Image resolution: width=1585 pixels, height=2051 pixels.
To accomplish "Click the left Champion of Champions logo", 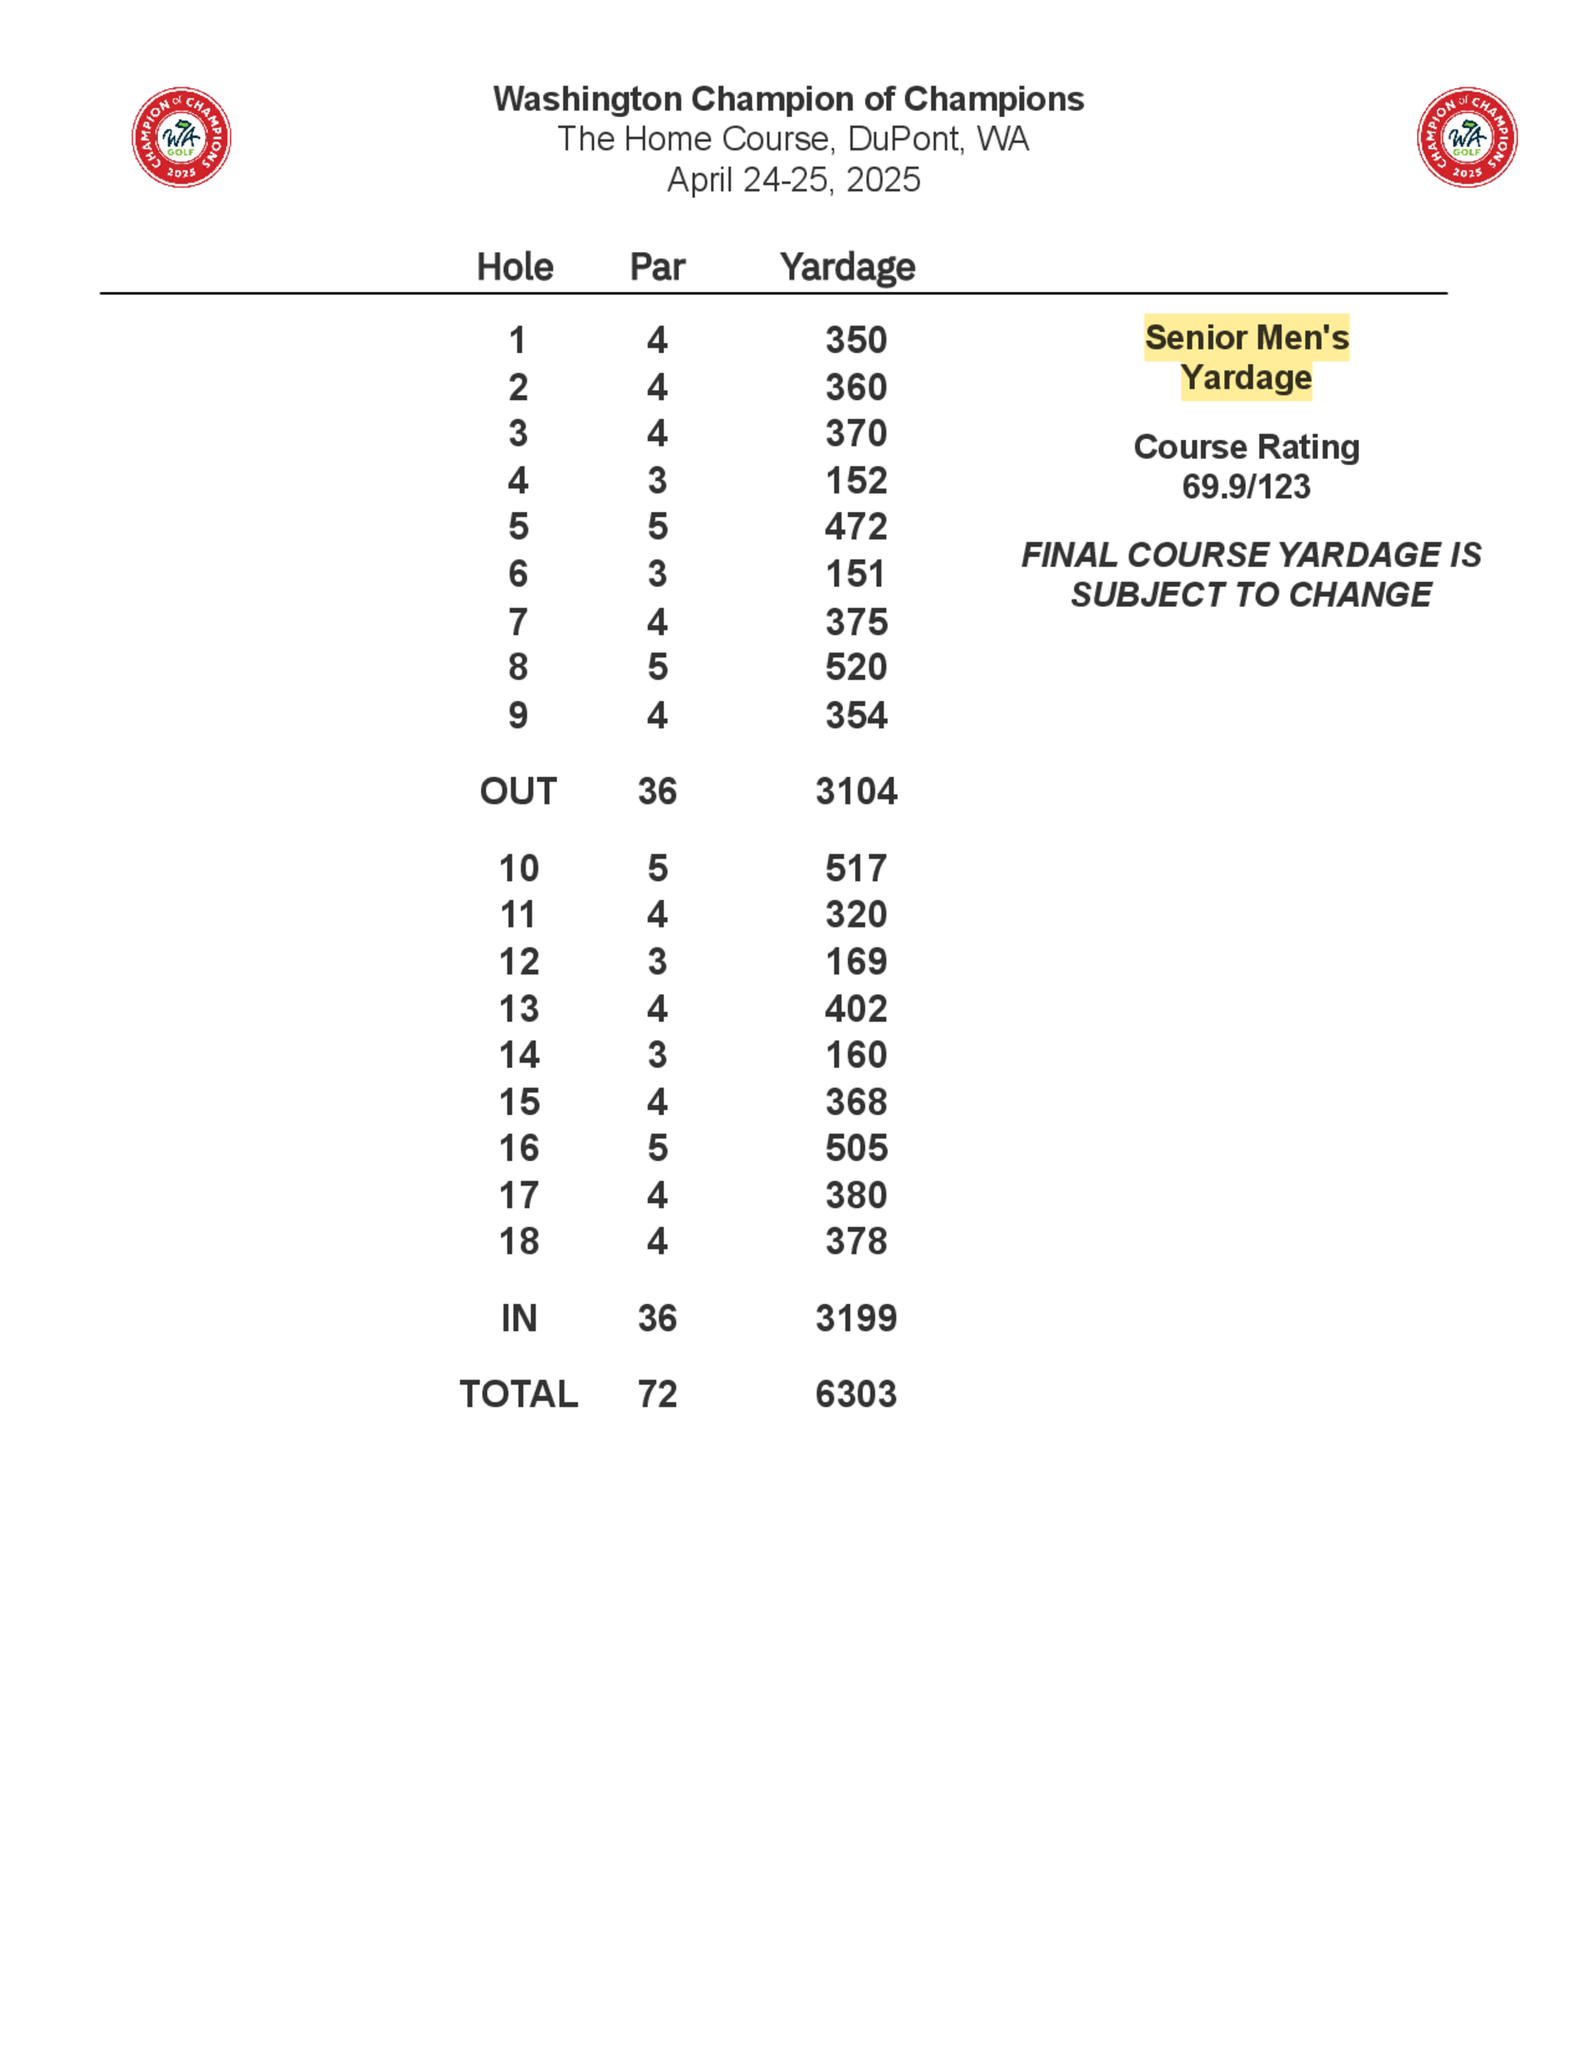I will point(181,138).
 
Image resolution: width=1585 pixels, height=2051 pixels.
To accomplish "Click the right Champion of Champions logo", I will point(1467,138).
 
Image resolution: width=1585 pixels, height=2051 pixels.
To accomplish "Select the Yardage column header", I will point(847,267).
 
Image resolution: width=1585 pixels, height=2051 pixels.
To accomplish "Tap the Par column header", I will point(657,267).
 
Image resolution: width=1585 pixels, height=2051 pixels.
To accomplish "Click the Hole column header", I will point(514,267).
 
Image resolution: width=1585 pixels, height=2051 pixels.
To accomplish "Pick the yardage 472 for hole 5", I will point(855,527).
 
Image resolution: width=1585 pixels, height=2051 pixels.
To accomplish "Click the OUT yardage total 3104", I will point(855,792).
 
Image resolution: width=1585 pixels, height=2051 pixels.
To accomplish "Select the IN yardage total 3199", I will point(855,1319).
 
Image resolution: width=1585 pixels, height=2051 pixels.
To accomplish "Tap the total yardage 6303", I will point(855,1395).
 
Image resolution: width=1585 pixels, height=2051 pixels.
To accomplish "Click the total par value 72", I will point(657,1395).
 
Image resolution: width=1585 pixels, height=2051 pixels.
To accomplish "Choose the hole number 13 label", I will point(518,1009).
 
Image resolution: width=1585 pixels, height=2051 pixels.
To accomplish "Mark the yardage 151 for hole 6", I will point(854,574).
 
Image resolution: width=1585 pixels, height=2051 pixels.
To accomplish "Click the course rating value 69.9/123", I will point(1246,487).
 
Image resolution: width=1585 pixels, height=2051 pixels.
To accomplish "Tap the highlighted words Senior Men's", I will point(1246,337).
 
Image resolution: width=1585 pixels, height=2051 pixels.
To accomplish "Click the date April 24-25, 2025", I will point(793,179).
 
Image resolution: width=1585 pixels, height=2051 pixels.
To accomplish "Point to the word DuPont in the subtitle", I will point(904,139).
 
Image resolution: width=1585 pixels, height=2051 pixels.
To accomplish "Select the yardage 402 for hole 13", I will point(855,1009).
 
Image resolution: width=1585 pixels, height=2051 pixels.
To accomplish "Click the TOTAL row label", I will point(518,1395).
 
